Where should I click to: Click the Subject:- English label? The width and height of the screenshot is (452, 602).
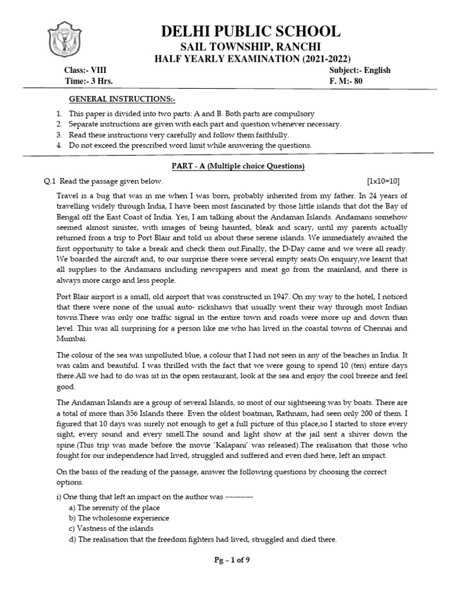pyautogui.click(x=360, y=71)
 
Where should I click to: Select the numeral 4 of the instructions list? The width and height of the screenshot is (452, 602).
pyautogui.click(x=58, y=145)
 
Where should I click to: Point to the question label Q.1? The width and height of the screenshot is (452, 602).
pyautogui.click(x=49, y=181)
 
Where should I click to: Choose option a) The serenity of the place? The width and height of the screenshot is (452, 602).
pyautogui.click(x=114, y=507)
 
